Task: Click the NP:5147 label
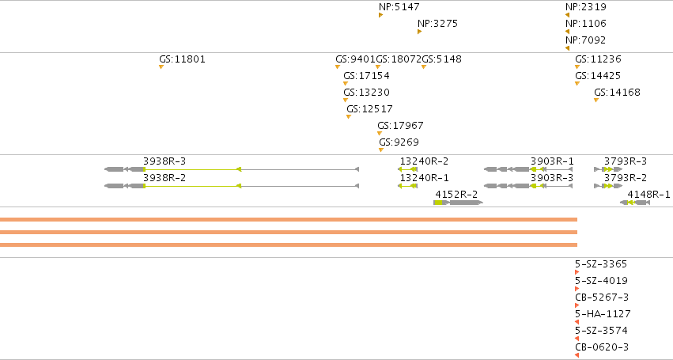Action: point(399,7)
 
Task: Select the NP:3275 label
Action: point(438,24)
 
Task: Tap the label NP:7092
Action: point(585,40)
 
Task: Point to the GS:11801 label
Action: point(183,59)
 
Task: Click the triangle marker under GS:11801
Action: point(161,67)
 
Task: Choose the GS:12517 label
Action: point(369,109)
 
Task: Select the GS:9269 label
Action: point(399,142)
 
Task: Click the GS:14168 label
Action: point(617,93)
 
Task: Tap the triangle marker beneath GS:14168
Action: point(596,100)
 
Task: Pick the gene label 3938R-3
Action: point(164,161)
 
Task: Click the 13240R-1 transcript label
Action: point(424,178)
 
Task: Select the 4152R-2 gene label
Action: point(456,195)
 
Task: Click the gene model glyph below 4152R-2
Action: point(459,203)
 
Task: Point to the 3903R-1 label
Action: point(552,161)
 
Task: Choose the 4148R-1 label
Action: point(648,195)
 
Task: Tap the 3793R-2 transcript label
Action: point(626,178)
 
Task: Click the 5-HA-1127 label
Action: point(603,314)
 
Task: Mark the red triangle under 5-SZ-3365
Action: point(577,272)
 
